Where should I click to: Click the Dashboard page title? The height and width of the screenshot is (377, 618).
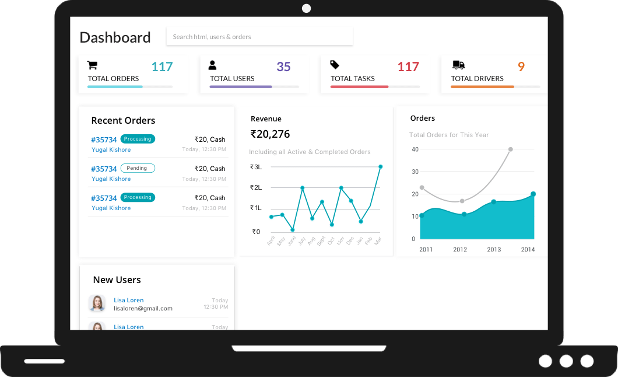(115, 37)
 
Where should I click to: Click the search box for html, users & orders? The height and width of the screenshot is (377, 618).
(259, 37)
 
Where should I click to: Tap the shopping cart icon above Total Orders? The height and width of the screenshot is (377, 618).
(92, 65)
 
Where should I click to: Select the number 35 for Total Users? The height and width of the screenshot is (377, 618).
(283, 67)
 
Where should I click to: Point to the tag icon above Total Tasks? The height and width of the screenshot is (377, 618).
(335, 65)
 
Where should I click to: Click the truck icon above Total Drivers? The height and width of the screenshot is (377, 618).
(458, 65)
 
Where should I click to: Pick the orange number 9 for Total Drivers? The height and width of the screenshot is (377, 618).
(521, 67)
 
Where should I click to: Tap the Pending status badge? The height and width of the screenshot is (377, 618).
(138, 168)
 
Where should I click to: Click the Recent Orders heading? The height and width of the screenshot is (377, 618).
(123, 121)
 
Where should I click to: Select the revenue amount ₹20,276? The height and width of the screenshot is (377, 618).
(270, 134)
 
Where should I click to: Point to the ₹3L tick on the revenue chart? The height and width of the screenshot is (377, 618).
(256, 167)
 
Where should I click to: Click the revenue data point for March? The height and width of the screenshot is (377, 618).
(380, 166)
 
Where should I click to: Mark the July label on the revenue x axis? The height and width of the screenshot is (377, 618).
(301, 240)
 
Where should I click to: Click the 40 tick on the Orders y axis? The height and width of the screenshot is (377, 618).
(415, 149)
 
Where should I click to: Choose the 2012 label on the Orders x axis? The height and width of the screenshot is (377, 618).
(460, 250)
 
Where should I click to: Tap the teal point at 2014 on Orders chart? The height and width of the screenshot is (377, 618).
(533, 194)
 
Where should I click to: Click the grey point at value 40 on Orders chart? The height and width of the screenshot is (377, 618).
(511, 149)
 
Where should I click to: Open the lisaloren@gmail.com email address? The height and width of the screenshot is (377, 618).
(143, 308)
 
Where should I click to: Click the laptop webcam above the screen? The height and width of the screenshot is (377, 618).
(307, 8)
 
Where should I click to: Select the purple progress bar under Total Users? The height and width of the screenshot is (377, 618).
(241, 87)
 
